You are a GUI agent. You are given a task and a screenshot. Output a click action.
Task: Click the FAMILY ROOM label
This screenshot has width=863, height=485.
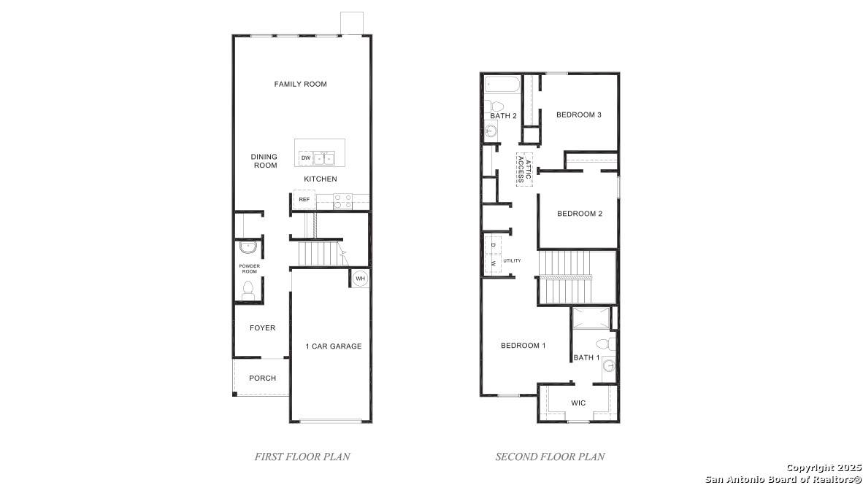pos(301,84)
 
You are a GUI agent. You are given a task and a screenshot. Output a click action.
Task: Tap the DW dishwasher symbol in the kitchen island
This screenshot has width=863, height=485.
pos(306,158)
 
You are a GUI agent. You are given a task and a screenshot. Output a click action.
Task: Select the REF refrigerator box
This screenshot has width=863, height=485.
pos(304,200)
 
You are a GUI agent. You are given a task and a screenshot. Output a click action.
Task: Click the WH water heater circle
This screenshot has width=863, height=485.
pos(360,279)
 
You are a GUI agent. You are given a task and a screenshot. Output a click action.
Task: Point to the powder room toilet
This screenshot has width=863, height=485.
pos(248,290)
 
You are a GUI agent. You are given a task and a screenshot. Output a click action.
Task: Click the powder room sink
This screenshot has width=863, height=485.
pos(248,247)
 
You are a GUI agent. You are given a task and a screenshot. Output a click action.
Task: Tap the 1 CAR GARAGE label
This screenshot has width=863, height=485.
pos(334,346)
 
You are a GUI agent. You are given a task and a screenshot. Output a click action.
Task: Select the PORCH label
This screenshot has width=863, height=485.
pos(263,379)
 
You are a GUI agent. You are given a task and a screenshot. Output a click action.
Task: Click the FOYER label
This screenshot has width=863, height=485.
pos(263,327)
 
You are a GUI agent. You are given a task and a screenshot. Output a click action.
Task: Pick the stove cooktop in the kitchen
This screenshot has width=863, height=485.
pos(343,201)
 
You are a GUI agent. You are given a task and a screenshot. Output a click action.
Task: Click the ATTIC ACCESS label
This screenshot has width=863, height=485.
pos(524,170)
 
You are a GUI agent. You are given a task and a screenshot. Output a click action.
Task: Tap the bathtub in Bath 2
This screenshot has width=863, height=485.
pos(502,85)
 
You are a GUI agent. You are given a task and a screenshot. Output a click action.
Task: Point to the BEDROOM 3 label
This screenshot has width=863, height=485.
pos(579,115)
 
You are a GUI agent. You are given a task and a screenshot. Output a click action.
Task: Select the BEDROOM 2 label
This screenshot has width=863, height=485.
pos(580,214)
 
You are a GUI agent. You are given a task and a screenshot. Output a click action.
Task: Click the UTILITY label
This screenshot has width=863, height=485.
pos(512,260)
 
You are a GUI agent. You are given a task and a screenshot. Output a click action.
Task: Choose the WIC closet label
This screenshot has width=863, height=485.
pos(578,403)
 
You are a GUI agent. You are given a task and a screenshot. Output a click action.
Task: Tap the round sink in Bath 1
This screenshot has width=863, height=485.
pos(609,365)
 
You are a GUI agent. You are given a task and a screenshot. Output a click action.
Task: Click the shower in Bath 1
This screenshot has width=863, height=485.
pos(591,319)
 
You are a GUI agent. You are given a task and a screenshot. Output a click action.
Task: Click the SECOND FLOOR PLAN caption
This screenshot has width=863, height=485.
pos(550,457)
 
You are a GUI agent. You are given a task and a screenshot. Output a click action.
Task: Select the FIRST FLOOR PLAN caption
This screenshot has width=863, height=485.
pos(302,457)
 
